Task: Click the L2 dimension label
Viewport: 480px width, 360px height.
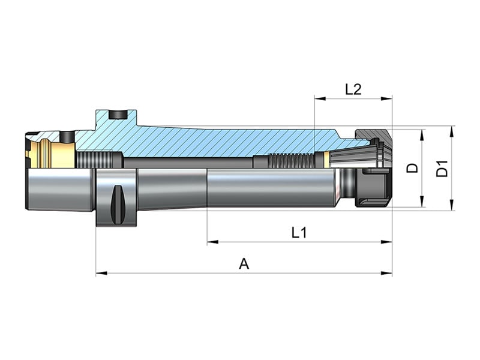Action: tap(353, 89)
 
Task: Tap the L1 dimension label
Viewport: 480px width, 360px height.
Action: tap(299, 233)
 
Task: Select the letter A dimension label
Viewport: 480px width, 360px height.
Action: tap(244, 264)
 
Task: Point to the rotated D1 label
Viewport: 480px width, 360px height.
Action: tap(442, 169)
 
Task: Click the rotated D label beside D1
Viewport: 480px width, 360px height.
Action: tap(412, 168)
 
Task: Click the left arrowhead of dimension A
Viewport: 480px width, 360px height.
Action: tap(101, 273)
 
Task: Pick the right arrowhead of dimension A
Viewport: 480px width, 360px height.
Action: tap(386, 273)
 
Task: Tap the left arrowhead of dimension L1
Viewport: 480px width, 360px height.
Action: tap(213, 242)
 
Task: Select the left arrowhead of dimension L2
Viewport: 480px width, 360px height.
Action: tap(320, 98)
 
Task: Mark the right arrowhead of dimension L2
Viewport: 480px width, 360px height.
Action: tap(386, 98)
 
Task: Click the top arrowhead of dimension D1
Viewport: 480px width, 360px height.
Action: tap(452, 131)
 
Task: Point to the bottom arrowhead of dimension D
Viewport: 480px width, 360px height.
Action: tap(422, 202)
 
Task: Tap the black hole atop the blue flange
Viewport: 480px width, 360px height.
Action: tap(118, 115)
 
